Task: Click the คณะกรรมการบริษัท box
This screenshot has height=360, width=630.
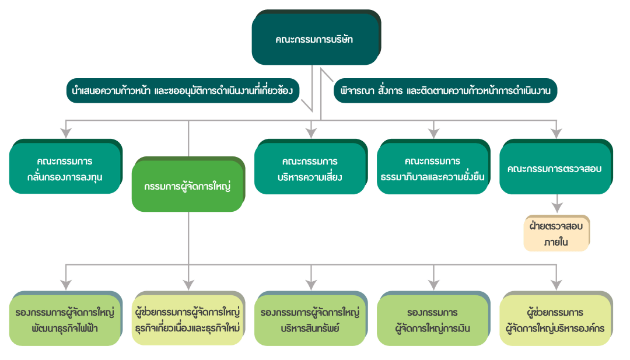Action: [x=315, y=40]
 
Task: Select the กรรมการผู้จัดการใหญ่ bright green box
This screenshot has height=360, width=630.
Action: [x=187, y=187]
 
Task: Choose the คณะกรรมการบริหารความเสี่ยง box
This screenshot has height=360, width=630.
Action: [x=310, y=168]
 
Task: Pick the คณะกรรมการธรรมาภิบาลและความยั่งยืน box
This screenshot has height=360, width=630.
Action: [x=432, y=168]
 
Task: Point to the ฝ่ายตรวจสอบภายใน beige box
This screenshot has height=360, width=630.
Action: [x=556, y=233]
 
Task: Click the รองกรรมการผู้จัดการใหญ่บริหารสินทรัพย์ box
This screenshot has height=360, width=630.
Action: [x=310, y=320]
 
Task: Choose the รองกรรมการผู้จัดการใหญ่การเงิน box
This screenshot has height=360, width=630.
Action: [x=432, y=320]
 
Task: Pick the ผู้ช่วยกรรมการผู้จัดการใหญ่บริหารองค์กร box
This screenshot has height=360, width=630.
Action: [x=555, y=320]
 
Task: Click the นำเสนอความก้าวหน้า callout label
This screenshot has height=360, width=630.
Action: [x=183, y=90]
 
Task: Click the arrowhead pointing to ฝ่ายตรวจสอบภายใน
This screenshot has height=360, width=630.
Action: [x=558, y=207]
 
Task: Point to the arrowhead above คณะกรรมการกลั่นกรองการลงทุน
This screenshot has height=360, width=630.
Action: [x=66, y=132]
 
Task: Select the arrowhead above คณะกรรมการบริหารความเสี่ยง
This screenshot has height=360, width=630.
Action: [x=311, y=132]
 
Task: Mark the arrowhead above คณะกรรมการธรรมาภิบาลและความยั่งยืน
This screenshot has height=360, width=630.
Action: [x=434, y=132]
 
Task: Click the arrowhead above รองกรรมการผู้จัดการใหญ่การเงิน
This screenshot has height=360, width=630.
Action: [x=434, y=284]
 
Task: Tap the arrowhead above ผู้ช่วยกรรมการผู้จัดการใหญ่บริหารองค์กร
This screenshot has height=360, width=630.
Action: [x=556, y=284]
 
